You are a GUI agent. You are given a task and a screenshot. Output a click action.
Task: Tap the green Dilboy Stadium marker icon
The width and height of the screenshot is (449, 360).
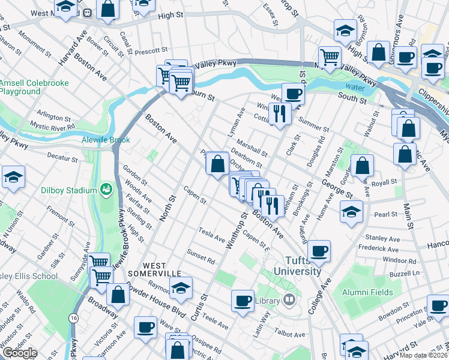coord(107,190)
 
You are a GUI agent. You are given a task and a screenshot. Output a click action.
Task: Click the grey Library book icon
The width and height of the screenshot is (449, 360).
coord(289,300)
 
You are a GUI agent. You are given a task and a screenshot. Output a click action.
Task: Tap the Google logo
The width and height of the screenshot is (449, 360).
coord(19,353)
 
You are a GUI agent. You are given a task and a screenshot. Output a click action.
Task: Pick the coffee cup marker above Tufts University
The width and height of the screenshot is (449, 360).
coord(319,250)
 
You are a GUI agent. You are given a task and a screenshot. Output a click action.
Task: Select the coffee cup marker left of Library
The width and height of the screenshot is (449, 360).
coord(243,300)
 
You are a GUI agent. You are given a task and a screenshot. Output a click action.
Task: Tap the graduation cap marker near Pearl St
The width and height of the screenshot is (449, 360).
coord(351,211)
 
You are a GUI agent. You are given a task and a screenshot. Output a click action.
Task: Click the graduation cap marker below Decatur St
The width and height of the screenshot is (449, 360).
coord(13,176)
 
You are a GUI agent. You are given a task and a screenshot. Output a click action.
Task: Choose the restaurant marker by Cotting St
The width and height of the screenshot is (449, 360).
coord(280,112)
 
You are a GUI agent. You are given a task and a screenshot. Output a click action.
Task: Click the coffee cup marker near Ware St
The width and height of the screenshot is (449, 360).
coord(145,327)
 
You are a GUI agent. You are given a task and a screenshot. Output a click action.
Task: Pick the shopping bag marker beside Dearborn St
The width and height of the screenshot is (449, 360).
coord(217,162)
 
